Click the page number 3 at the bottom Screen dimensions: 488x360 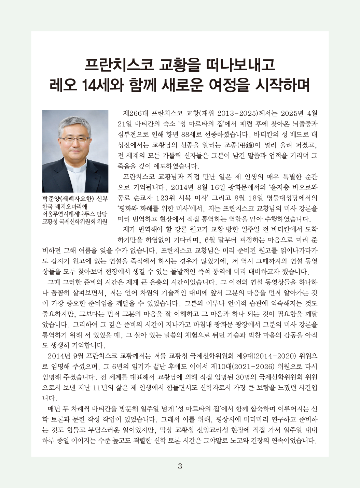click(180, 466)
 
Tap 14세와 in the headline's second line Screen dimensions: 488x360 click(104, 85)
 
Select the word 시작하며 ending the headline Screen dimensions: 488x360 click(282, 85)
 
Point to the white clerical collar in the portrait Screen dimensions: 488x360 click(75, 169)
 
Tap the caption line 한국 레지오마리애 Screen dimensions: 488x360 click(65, 207)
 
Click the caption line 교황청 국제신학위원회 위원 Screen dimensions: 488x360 click(74, 222)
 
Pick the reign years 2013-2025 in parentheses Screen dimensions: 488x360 click(234, 113)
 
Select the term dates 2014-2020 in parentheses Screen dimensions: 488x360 click(275, 356)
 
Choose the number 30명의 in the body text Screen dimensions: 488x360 click(246, 377)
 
